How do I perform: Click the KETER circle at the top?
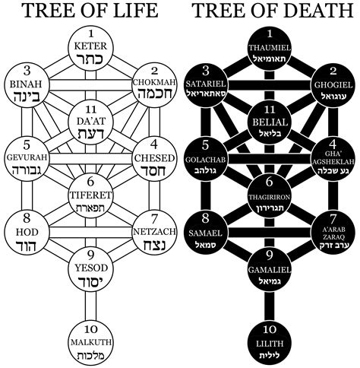pyautogui.click(x=90, y=48)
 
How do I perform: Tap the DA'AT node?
pyautogui.click(x=90, y=122)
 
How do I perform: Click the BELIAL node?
pyautogui.click(x=270, y=122)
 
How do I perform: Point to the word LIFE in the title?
pyautogui.click(x=134, y=10)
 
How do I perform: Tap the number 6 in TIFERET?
pyautogui.click(x=90, y=182)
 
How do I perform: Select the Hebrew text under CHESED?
pyautogui.click(x=153, y=170)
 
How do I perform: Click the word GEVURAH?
pyautogui.click(x=27, y=157)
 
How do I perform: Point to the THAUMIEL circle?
pyautogui.click(x=270, y=48)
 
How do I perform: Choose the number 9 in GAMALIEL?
pyautogui.click(x=270, y=255)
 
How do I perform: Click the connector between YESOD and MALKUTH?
pyautogui.click(x=90, y=306)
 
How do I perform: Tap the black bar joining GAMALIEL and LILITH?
pyautogui.click(x=270, y=306)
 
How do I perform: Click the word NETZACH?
pyautogui.click(x=154, y=231)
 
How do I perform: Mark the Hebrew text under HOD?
pyautogui.click(x=27, y=245)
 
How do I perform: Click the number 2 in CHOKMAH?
pyautogui.click(x=154, y=71)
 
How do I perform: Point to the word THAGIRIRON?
pyautogui.click(x=270, y=197)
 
